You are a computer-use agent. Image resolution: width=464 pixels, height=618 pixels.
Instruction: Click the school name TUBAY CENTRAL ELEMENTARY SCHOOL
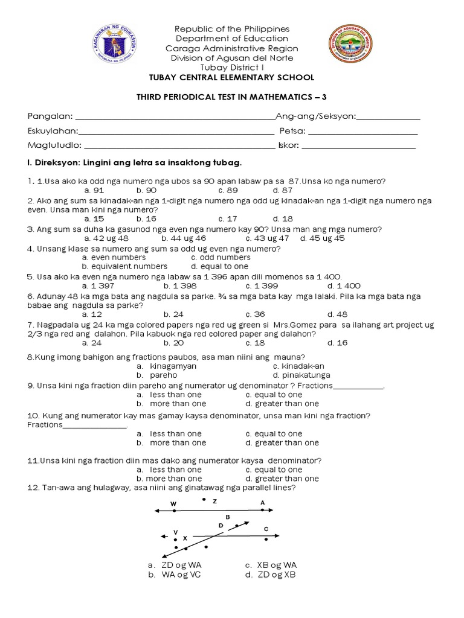(x=231, y=78)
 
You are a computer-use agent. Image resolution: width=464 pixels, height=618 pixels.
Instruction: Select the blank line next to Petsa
(x=362, y=132)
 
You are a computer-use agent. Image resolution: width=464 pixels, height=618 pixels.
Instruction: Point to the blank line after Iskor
(x=358, y=146)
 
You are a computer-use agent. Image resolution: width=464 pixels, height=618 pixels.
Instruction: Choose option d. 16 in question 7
(x=337, y=343)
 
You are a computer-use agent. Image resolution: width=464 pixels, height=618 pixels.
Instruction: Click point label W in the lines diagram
(x=173, y=503)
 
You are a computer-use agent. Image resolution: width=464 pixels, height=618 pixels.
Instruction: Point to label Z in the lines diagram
(x=214, y=502)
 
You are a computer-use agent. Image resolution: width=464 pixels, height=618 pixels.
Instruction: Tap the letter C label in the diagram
(x=266, y=529)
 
